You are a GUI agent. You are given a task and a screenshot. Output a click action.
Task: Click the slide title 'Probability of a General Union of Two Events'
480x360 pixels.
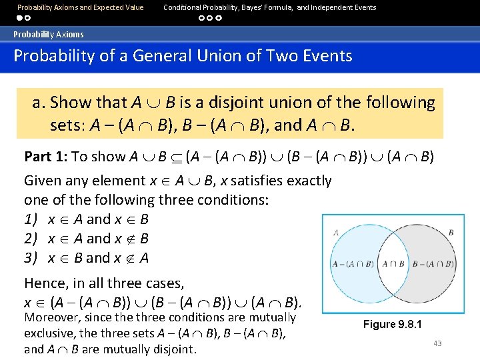pyautogui.click(x=183, y=55)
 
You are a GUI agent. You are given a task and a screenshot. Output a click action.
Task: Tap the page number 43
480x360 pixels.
pyautogui.click(x=437, y=343)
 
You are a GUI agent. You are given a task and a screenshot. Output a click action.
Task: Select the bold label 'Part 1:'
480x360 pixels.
pyautogui.click(x=46, y=157)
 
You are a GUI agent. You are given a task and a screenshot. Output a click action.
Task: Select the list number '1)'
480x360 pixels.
pyautogui.click(x=31, y=219)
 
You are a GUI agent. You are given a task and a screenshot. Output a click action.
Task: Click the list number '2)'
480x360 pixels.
pyautogui.click(x=31, y=239)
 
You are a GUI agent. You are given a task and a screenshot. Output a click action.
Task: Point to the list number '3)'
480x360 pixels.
pyautogui.click(x=31, y=258)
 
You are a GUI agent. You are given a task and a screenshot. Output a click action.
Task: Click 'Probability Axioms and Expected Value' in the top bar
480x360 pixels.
pyautogui.click(x=80, y=7)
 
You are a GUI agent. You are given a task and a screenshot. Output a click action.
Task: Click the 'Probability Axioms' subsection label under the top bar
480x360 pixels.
pyautogui.click(x=49, y=34)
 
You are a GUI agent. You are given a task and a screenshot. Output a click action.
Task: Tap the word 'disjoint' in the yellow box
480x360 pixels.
pyautogui.click(x=267, y=103)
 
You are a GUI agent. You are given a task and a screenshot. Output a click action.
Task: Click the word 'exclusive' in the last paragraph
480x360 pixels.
pyautogui.click(x=48, y=333)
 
